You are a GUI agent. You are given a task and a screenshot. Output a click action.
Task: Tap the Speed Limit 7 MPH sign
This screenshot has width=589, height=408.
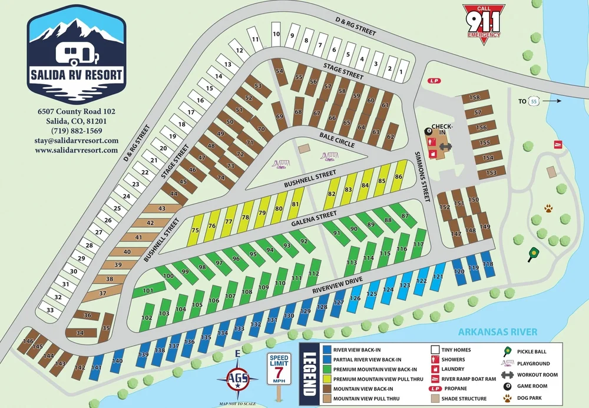tap(278, 370)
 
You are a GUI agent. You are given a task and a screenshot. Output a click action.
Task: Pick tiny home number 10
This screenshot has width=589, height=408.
tap(276, 35)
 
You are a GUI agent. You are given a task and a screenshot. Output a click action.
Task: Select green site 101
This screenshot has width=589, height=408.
tap(148, 290)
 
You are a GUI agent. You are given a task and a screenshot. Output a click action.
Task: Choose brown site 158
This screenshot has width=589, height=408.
tap(474, 98)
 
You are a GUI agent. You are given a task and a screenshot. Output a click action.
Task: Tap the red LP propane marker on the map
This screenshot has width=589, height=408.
tap(434, 81)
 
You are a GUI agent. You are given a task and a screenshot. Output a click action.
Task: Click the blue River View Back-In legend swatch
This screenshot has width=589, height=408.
tap(327, 350)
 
